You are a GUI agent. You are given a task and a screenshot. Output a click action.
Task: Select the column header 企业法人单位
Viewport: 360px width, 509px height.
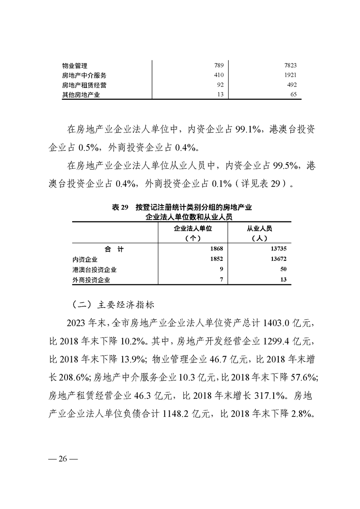click(x=193, y=229)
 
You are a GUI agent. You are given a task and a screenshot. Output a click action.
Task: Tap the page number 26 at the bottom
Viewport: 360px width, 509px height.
click(x=63, y=459)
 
